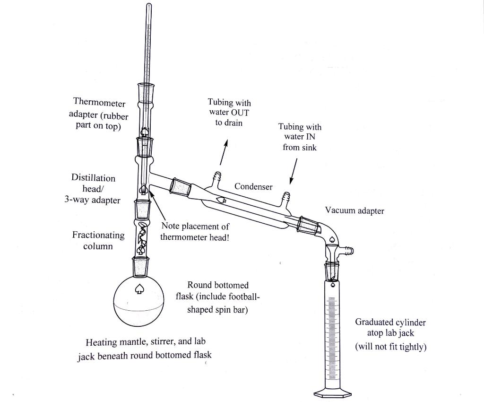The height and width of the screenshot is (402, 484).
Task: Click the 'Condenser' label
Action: (253, 187)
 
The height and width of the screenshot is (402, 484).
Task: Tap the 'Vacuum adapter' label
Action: (354, 210)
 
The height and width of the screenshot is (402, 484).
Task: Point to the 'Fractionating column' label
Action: (98, 240)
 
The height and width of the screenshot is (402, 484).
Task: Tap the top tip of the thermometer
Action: (149, 6)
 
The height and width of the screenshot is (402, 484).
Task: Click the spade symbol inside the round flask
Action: (139, 288)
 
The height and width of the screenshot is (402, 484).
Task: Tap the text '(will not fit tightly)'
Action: (390, 347)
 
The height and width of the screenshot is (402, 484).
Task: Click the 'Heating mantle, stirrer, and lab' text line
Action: (146, 341)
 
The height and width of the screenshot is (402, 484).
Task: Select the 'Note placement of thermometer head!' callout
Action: (195, 232)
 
